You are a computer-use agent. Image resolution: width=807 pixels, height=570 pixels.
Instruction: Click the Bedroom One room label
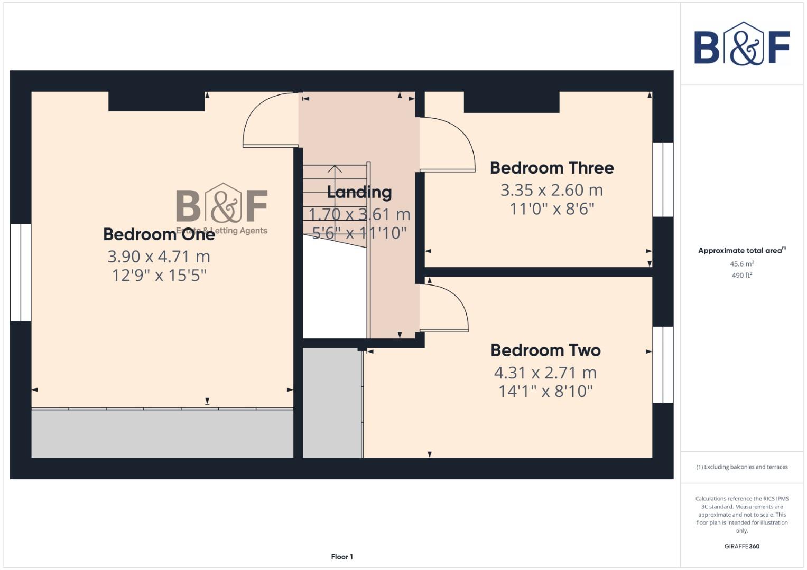tap(159, 234)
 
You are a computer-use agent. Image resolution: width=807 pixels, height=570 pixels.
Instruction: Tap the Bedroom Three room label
tap(552, 168)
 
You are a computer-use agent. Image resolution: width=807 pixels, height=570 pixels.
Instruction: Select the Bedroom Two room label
tap(545, 350)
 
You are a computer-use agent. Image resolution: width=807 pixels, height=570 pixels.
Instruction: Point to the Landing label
tap(359, 192)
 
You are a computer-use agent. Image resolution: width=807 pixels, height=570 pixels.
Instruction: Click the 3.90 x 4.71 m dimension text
tap(159, 256)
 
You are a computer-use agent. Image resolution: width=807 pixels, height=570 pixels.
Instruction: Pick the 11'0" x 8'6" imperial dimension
tap(552, 209)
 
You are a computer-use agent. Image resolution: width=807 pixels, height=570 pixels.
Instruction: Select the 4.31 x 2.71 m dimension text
tap(545, 373)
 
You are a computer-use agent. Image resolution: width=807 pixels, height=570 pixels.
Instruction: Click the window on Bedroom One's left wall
tap(21, 272)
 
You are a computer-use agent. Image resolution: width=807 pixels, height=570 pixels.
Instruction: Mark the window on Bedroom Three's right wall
tap(663, 179)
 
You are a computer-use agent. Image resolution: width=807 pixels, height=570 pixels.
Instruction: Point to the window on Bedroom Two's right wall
tap(663, 365)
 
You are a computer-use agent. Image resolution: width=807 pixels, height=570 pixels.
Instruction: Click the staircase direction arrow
tap(335, 169)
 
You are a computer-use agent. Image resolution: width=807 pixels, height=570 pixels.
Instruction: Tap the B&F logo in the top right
tap(741, 44)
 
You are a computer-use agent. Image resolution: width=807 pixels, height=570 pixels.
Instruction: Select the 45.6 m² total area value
tap(741, 264)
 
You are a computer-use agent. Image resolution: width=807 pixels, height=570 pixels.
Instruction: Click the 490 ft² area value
tap(741, 275)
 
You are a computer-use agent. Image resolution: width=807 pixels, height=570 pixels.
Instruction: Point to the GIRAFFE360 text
tap(741, 546)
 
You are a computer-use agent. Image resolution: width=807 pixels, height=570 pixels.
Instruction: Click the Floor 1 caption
tap(342, 557)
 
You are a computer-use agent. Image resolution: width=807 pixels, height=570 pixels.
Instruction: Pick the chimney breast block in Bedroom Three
tap(511, 102)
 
